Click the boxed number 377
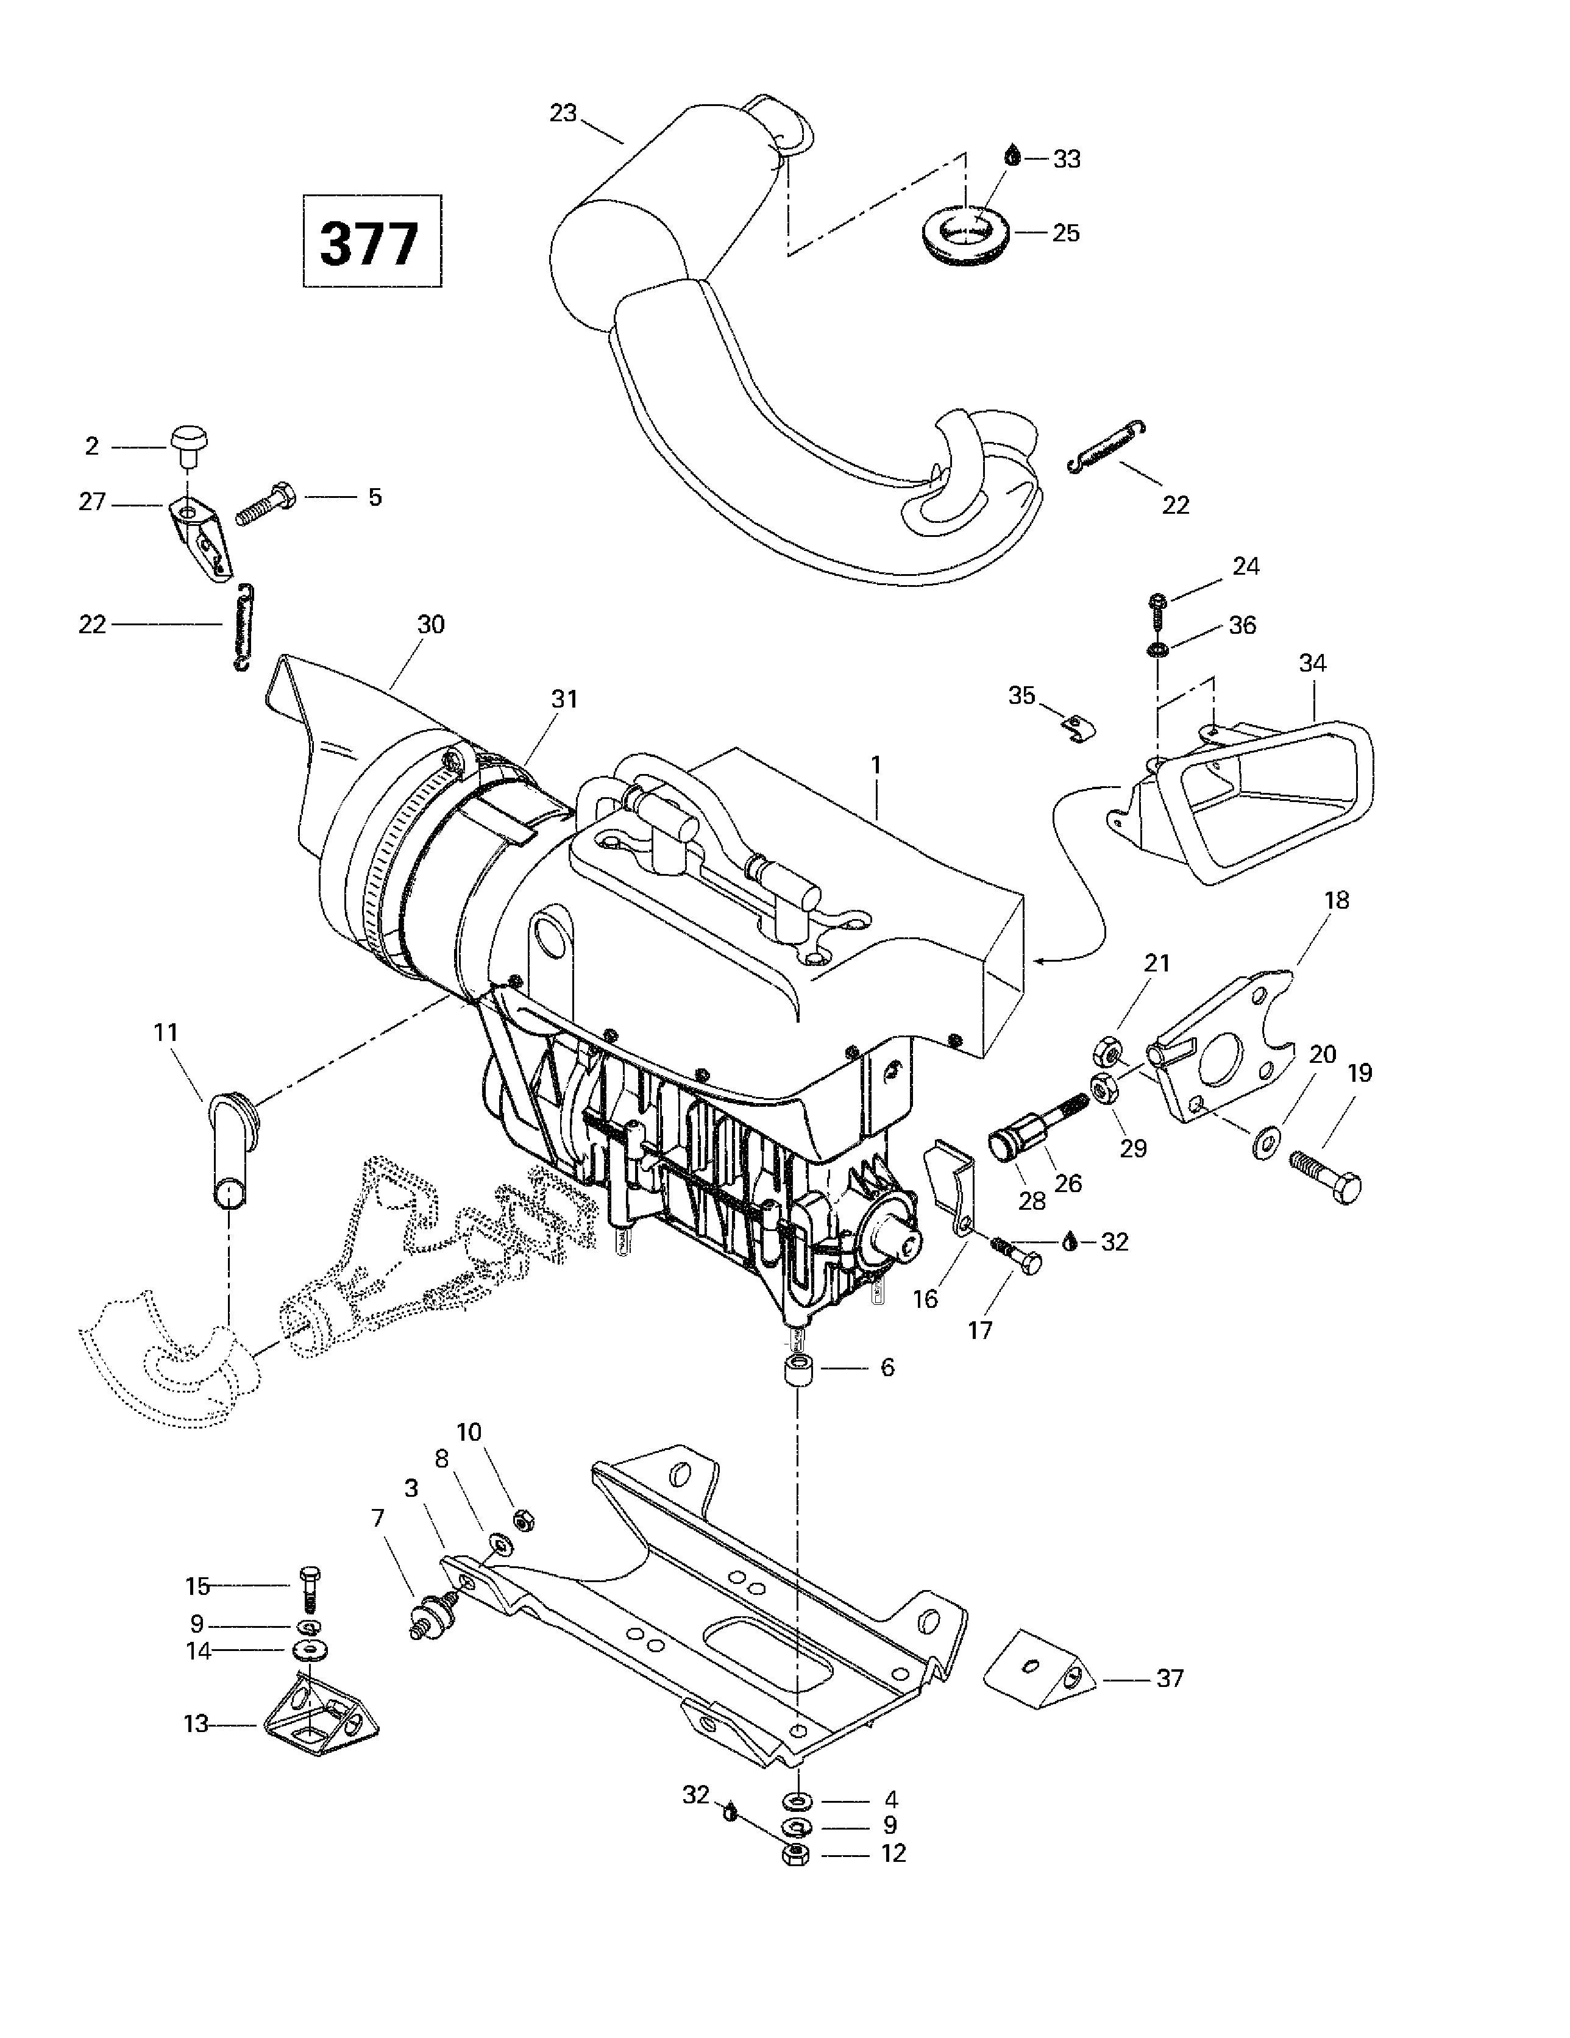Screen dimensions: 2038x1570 (x=371, y=242)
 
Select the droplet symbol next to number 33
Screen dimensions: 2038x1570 (x=1012, y=156)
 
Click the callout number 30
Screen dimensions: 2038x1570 (x=430, y=624)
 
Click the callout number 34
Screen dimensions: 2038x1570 (x=1312, y=664)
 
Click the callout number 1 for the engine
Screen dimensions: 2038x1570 (x=876, y=765)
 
